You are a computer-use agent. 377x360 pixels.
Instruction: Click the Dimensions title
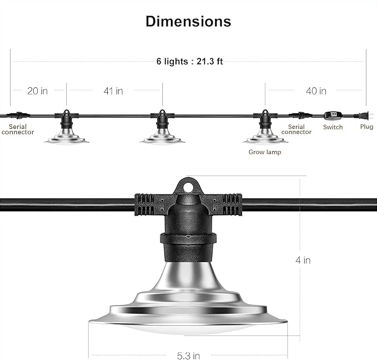(188, 22)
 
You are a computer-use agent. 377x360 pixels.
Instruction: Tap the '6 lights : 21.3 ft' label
(189, 61)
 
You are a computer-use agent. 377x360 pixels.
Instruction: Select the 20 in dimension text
(38, 91)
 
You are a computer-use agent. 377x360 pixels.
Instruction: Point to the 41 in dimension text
(113, 91)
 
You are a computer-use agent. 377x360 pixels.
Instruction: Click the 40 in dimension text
(316, 91)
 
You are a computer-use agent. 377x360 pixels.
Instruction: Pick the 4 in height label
(303, 260)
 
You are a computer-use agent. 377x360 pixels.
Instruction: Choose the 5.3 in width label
(189, 356)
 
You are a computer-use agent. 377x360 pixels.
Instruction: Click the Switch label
(333, 127)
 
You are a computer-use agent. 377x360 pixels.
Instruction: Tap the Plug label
(366, 127)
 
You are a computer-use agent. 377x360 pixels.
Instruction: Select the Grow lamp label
(265, 152)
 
